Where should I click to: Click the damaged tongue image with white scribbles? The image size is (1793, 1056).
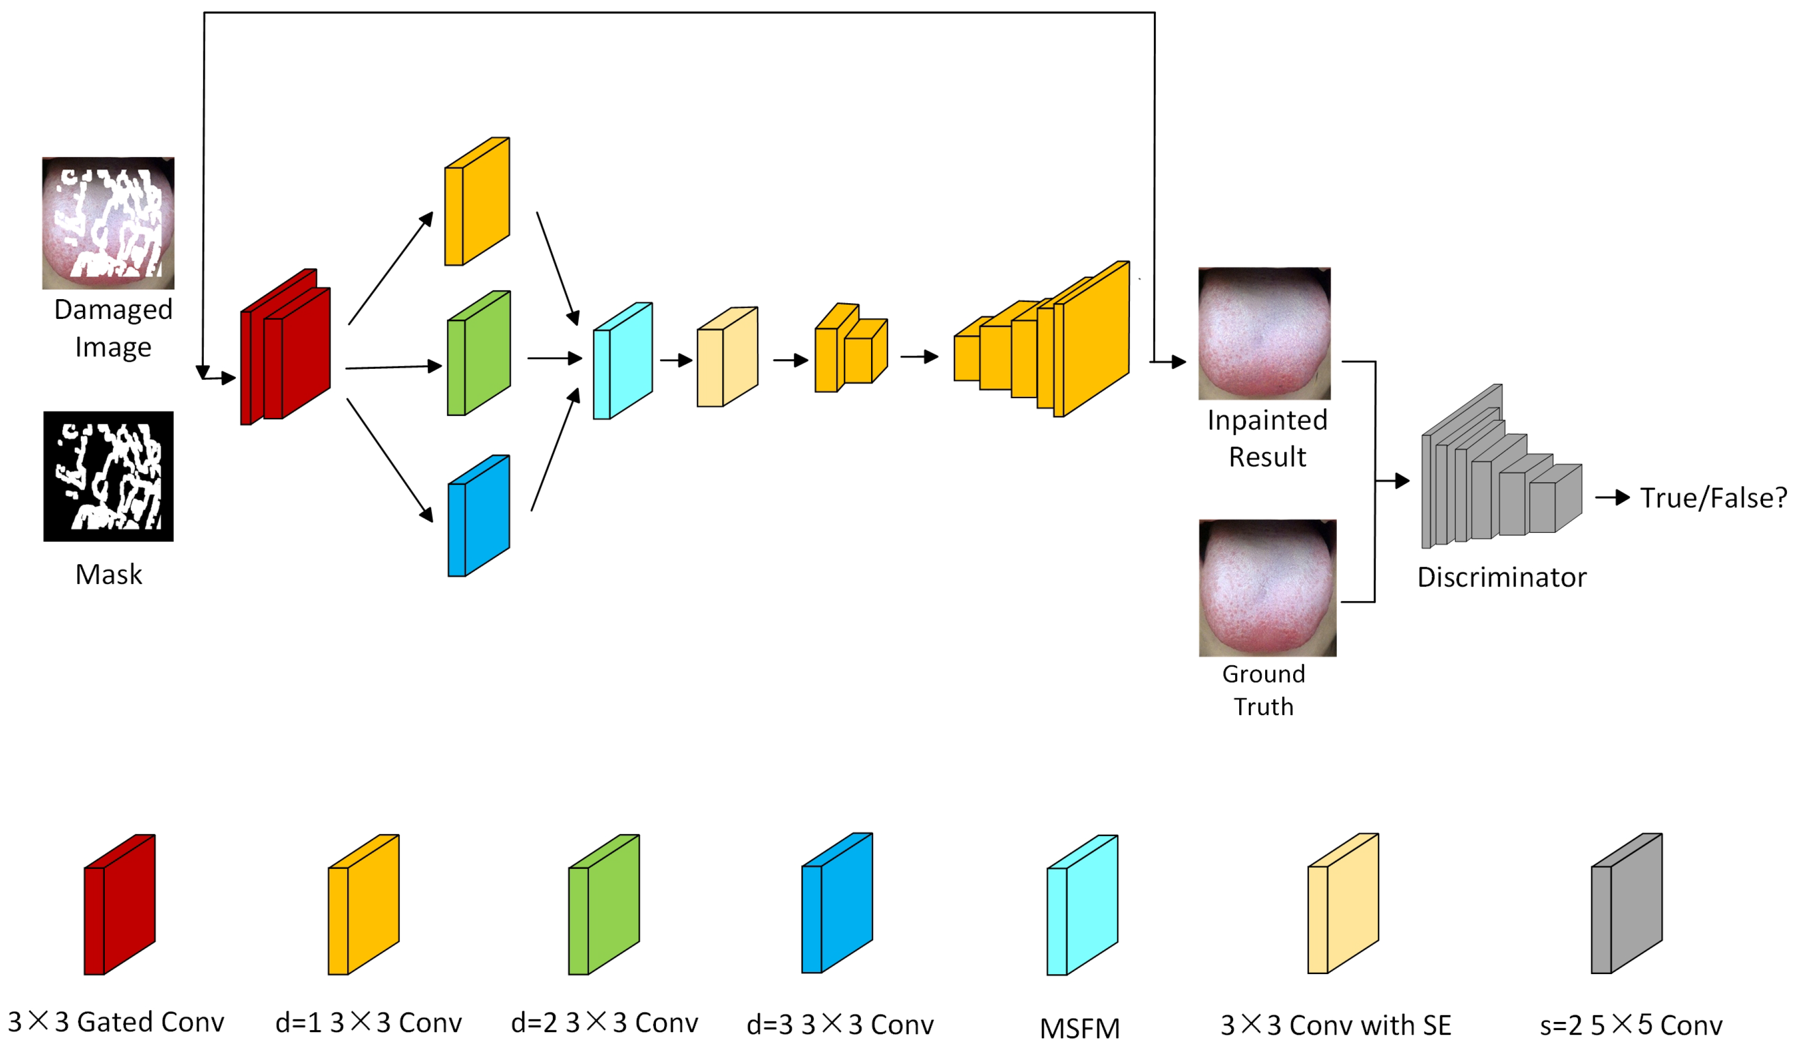tap(108, 223)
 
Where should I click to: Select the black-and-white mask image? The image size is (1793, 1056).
tap(108, 476)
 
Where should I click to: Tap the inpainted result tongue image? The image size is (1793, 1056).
tap(1264, 333)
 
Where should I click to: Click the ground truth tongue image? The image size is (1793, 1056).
tap(1267, 588)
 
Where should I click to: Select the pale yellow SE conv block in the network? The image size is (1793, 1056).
tap(727, 358)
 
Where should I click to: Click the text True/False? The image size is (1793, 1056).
tap(1713, 498)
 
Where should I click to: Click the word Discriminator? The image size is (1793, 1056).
tap(1501, 577)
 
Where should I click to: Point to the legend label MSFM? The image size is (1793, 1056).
tap(1080, 1028)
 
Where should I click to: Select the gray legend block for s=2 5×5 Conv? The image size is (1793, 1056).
tap(1627, 904)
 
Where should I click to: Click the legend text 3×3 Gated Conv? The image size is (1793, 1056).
tap(116, 1022)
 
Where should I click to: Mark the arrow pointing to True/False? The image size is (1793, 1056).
tap(1612, 497)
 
